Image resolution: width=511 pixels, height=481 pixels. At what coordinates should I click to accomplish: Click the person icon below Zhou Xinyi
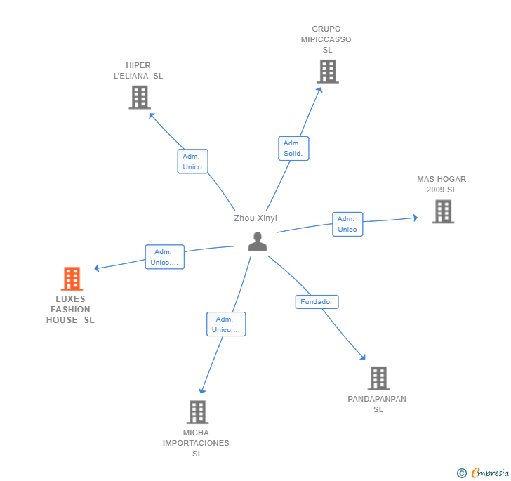pos(258,242)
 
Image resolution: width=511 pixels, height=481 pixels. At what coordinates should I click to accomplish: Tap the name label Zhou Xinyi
pos(255,218)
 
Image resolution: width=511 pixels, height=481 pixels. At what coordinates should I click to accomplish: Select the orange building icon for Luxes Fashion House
pos(72,279)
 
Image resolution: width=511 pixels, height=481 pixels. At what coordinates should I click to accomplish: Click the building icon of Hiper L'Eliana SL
pos(140,97)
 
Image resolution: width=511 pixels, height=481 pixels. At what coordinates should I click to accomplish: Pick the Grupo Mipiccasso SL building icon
pos(328,72)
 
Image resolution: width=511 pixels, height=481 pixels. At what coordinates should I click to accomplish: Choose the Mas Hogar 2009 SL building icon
pos(443,211)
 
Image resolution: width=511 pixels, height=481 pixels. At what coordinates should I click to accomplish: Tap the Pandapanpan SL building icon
pos(379,378)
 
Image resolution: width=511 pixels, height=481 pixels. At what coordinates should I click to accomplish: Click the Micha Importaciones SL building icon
pos(198,412)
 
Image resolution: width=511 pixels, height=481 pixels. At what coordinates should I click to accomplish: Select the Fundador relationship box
pos(317,302)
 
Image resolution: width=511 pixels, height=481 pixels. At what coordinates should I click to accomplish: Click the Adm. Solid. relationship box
pos(293,148)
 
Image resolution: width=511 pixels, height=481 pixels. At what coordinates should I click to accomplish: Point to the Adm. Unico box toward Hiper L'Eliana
pos(192,162)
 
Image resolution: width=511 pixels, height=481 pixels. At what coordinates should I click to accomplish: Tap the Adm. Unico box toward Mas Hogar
pos(347,224)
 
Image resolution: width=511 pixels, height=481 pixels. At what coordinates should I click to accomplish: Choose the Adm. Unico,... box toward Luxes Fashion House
pos(164,257)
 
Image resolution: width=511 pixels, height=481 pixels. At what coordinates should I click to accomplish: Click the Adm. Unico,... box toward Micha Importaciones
pos(226,324)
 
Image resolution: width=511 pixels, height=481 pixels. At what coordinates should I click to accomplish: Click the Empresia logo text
pos(490,473)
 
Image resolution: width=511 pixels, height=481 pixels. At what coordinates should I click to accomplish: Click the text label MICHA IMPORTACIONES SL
pos(196,443)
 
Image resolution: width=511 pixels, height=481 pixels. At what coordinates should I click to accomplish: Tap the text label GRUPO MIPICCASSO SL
pos(326,39)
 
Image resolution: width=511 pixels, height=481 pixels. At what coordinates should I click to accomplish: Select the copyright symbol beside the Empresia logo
pos(461,473)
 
